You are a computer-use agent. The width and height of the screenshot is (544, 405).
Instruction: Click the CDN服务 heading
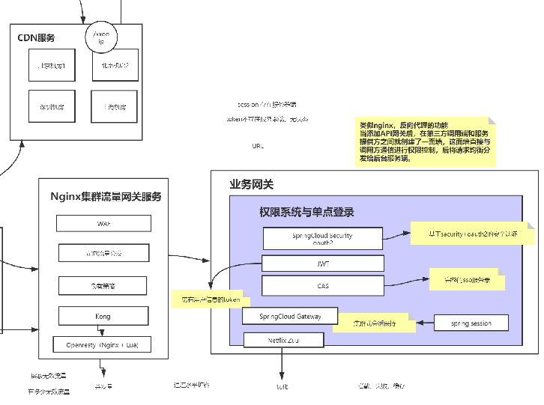click(x=36, y=37)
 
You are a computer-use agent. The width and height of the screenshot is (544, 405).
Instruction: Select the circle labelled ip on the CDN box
click(x=101, y=38)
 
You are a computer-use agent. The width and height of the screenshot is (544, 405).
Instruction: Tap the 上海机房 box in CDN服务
click(x=115, y=107)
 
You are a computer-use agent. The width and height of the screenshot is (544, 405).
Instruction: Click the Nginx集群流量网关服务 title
click(x=106, y=197)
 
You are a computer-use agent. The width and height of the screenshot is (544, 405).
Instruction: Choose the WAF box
click(x=103, y=224)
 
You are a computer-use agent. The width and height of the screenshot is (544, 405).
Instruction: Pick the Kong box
click(x=103, y=317)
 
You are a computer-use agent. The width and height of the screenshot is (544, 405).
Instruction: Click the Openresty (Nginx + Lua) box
click(x=103, y=344)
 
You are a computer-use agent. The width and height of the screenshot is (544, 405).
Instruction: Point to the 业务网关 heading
click(x=251, y=184)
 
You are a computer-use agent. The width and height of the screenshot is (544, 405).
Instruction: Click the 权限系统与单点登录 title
click(x=306, y=212)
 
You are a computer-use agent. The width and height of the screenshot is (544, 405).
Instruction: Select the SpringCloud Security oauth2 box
click(x=322, y=239)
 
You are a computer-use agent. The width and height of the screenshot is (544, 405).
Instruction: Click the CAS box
click(x=322, y=285)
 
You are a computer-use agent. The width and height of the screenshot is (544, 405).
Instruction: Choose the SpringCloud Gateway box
click(x=290, y=317)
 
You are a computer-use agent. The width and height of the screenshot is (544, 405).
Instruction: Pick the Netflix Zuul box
click(x=284, y=340)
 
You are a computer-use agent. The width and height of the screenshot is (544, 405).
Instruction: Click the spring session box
click(x=471, y=323)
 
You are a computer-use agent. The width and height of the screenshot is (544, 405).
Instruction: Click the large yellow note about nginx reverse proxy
click(x=423, y=141)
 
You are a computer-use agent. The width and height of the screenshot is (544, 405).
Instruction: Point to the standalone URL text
click(x=258, y=146)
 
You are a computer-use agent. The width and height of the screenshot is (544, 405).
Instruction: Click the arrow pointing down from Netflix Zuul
click(x=282, y=363)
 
